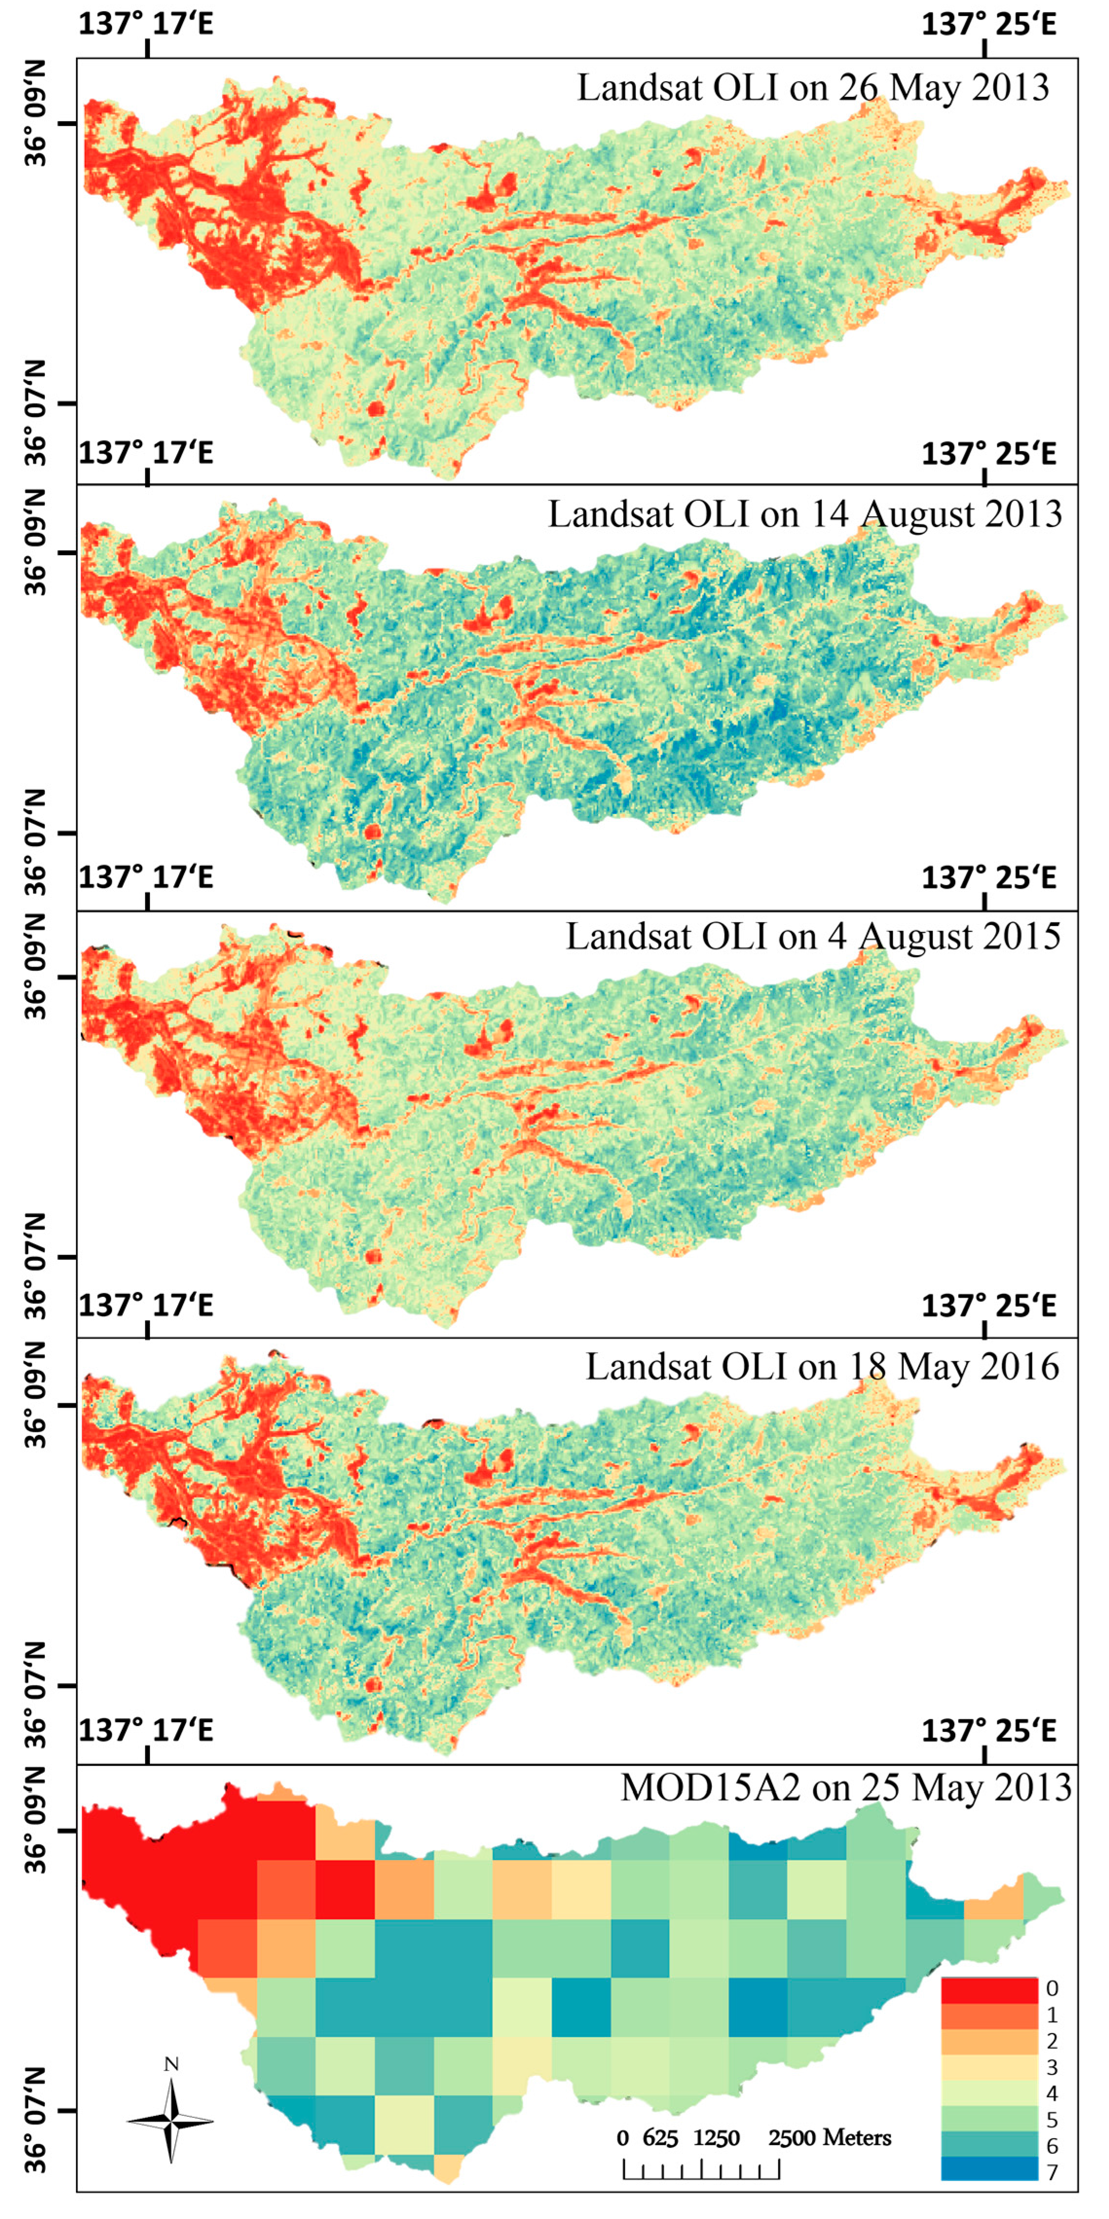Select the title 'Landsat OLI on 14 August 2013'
click(805, 514)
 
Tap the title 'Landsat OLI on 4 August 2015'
click(813, 936)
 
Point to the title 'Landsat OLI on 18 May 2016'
click(822, 1367)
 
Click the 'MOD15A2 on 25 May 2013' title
click(846, 1788)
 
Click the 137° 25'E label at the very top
click(988, 23)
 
